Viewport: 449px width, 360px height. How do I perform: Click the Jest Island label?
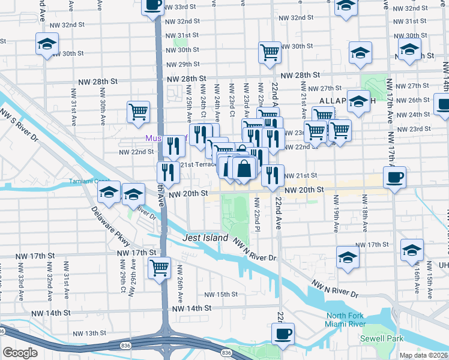point(205,238)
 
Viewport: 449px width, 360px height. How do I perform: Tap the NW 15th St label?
point(220,295)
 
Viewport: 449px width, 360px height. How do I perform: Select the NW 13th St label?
point(82,333)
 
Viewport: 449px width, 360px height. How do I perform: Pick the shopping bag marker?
point(244,169)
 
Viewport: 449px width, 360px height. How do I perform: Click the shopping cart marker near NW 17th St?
point(159,268)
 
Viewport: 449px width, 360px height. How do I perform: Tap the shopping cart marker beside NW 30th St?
point(270,52)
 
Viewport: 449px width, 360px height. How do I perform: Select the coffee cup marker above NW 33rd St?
point(152,5)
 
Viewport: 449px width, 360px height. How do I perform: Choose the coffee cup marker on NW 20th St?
point(394,178)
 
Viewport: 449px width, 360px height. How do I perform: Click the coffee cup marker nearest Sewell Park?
point(283,334)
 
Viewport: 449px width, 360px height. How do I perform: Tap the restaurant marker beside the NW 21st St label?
point(273,175)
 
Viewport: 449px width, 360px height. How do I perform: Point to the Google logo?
point(20,353)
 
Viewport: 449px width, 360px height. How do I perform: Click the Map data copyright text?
point(424,355)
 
